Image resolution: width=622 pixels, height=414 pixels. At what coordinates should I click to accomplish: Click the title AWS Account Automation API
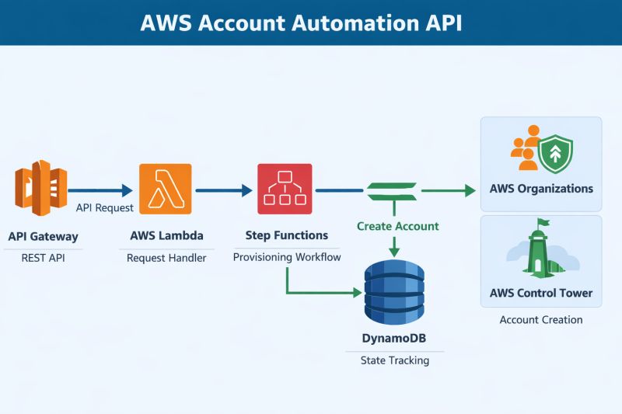[301, 23]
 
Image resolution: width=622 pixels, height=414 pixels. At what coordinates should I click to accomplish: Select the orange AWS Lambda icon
[164, 189]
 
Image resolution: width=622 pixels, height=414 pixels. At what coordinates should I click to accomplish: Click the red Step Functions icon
[285, 189]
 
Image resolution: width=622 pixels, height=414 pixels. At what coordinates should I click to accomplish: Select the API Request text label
[105, 208]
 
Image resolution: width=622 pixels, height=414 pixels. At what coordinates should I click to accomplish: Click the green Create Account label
[397, 226]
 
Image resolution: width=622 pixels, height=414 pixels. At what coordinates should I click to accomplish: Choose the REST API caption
[43, 258]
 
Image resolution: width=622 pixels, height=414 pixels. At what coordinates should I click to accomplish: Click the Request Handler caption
[166, 258]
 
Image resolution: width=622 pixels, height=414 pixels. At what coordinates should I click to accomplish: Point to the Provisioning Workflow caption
[287, 257]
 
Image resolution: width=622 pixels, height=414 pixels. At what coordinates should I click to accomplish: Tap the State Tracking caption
[394, 360]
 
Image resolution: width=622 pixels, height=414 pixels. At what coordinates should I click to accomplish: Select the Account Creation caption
[540, 319]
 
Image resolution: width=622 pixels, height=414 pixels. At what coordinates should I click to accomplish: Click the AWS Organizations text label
[541, 189]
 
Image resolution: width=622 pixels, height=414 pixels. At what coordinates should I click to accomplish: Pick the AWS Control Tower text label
[541, 293]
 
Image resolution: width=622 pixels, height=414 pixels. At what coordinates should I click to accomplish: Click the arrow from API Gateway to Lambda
[100, 190]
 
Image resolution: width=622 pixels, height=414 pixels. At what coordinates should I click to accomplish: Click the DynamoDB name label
[394, 339]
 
